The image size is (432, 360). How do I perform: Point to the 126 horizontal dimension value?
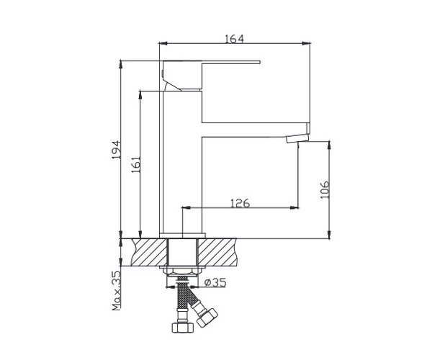click(x=239, y=204)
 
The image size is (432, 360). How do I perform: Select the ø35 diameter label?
click(x=215, y=282)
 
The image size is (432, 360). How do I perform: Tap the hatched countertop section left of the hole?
click(x=149, y=252)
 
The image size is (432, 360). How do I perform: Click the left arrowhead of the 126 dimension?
click(x=186, y=209)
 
